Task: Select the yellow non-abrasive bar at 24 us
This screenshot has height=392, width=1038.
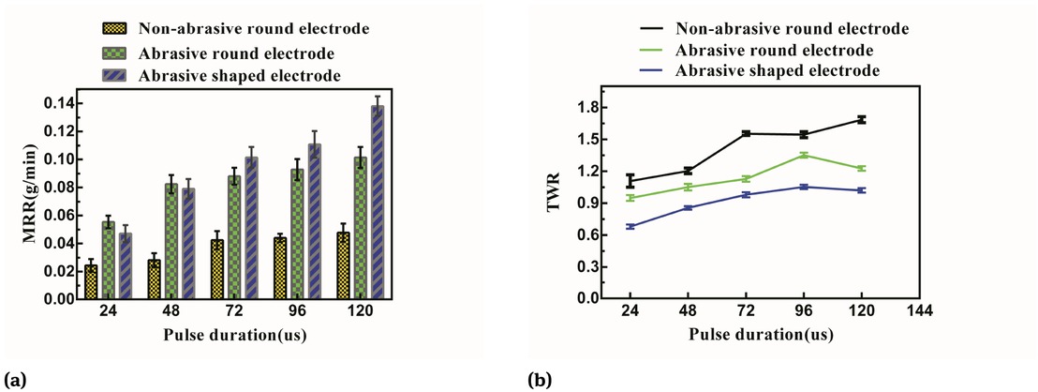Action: [91, 282]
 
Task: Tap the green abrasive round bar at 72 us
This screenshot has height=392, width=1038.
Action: [234, 237]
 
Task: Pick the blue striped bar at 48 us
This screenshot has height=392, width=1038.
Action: [187, 244]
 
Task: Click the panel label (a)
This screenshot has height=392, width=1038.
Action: [13, 380]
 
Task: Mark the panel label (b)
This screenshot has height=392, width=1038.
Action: [539, 380]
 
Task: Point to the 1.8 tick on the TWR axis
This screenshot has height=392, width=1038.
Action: [589, 108]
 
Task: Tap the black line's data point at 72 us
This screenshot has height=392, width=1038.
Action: [746, 134]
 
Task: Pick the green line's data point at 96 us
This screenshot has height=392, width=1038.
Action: [803, 156]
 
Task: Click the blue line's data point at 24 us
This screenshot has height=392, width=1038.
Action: [630, 227]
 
